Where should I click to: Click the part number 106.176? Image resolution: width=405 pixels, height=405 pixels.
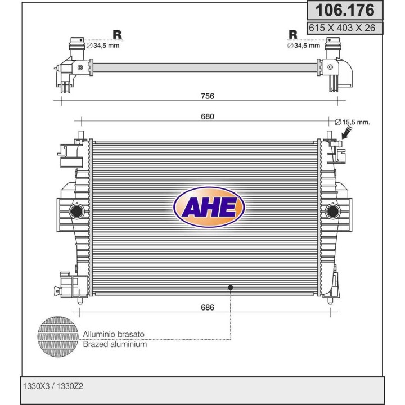(345, 10)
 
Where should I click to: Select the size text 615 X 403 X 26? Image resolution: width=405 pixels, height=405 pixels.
(342, 28)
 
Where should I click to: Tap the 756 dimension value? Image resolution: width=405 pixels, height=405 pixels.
(208, 96)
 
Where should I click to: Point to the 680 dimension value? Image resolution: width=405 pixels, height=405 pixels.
(208, 116)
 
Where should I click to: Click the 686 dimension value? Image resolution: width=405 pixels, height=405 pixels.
(208, 307)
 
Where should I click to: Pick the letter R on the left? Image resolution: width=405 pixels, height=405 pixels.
(117, 35)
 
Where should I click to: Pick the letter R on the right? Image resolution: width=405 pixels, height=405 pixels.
(293, 35)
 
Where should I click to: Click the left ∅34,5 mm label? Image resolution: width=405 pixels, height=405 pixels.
(103, 46)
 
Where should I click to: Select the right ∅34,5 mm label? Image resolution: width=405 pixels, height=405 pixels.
(304, 46)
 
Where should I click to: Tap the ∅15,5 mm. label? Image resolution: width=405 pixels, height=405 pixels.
(352, 122)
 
